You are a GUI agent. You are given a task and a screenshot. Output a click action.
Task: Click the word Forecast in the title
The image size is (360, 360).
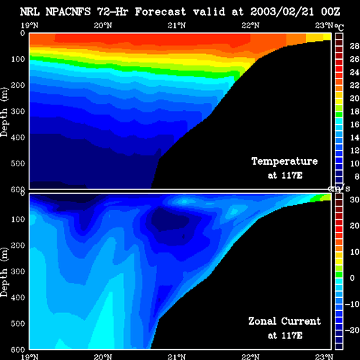tap(161, 12)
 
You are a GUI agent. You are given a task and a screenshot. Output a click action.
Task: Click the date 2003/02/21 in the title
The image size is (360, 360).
tap(282, 12)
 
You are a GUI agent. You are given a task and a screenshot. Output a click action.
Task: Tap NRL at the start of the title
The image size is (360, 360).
tap(30, 12)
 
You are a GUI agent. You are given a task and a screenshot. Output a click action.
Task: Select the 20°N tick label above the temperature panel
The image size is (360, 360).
tap(103, 25)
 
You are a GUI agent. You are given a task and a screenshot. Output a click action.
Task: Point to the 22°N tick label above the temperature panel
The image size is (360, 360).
tap(251, 25)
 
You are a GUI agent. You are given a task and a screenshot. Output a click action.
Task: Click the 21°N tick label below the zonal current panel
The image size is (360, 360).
tap(176, 357)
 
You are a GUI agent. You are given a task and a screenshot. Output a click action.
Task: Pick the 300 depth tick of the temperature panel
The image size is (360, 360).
tap(18, 111)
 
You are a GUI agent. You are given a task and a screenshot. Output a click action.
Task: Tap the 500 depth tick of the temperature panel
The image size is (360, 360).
tap(18, 163)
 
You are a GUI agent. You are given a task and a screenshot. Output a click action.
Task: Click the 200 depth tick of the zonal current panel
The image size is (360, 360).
tap(18, 246)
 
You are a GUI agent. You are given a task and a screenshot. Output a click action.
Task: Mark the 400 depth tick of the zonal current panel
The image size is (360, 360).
tap(18, 297)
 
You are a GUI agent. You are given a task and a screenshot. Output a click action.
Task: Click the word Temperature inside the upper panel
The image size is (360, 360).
tap(284, 161)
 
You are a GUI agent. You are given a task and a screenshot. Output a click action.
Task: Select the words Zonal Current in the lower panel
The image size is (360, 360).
tap(284, 321)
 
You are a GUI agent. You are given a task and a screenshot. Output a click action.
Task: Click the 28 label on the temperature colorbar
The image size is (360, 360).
tap(354, 46)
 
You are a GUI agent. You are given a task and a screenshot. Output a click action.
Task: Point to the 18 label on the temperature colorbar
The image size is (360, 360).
tap(354, 112)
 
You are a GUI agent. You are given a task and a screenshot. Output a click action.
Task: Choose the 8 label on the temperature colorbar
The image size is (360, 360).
tap(356, 176)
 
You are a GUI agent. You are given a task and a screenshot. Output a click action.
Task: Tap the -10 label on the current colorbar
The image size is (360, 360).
tap(352, 304)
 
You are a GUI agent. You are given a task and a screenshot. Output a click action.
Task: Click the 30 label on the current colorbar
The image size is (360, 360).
tap(354, 199)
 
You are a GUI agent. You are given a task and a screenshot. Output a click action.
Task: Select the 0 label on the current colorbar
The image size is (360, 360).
tap(352, 278)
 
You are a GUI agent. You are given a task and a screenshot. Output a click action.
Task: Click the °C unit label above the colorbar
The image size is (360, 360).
tap(339, 27)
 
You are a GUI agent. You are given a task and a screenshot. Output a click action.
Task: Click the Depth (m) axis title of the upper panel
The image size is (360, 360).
tap(4, 112)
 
